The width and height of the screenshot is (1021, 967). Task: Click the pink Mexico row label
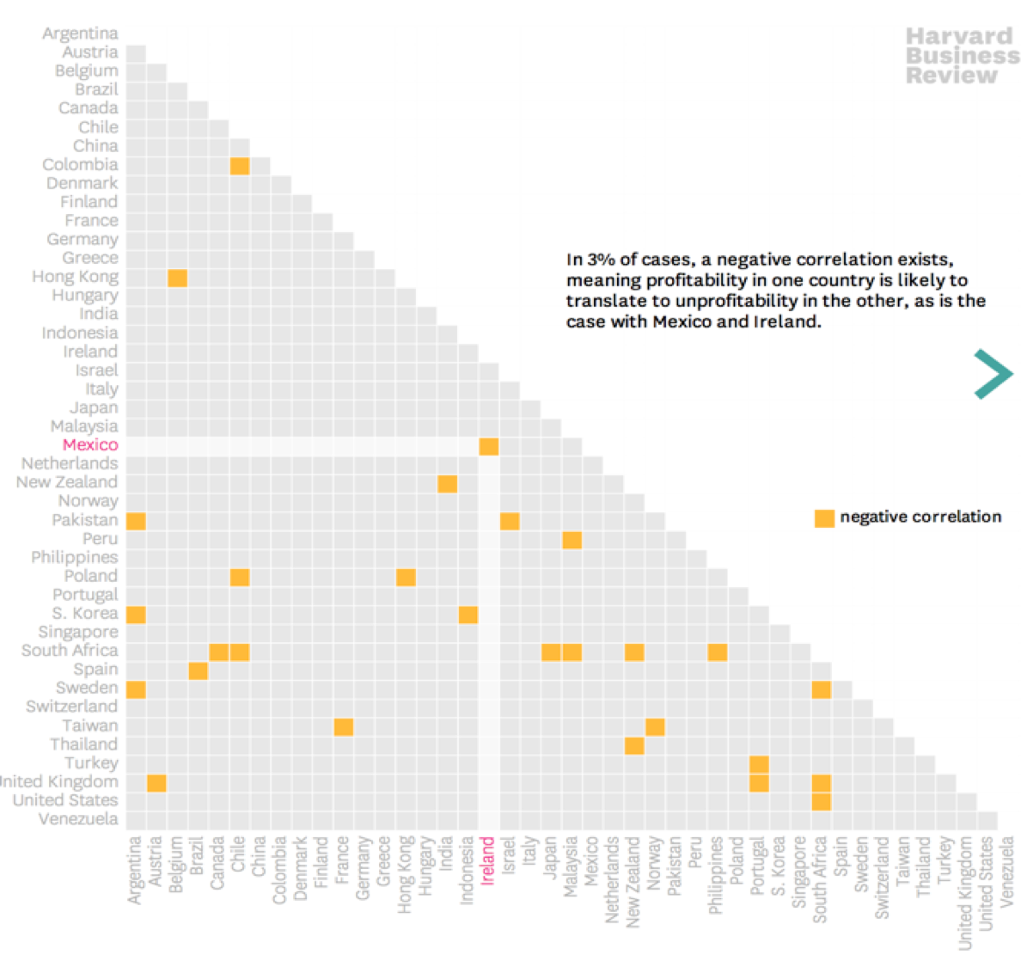point(90,444)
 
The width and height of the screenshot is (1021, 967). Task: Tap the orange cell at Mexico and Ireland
point(488,446)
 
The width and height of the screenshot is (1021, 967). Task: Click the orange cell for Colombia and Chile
point(240,165)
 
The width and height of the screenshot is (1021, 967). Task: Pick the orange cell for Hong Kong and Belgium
point(177,278)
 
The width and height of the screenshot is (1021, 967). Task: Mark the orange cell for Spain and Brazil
point(198,670)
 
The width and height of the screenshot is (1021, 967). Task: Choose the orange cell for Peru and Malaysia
point(572,540)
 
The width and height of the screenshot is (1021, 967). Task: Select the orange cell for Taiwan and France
point(343,727)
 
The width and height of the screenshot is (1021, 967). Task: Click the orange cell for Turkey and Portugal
point(759,764)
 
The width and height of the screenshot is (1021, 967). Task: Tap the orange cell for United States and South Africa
point(821,802)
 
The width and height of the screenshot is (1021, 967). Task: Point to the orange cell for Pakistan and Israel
point(510,521)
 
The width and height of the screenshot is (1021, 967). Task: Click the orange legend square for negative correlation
point(824,517)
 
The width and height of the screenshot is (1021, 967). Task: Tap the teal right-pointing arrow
point(993,374)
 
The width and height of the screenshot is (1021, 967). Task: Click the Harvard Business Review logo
point(962,56)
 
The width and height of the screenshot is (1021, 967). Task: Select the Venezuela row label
point(78,819)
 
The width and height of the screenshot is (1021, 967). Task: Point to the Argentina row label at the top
point(80,34)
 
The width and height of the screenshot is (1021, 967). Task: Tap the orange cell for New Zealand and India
point(447,484)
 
